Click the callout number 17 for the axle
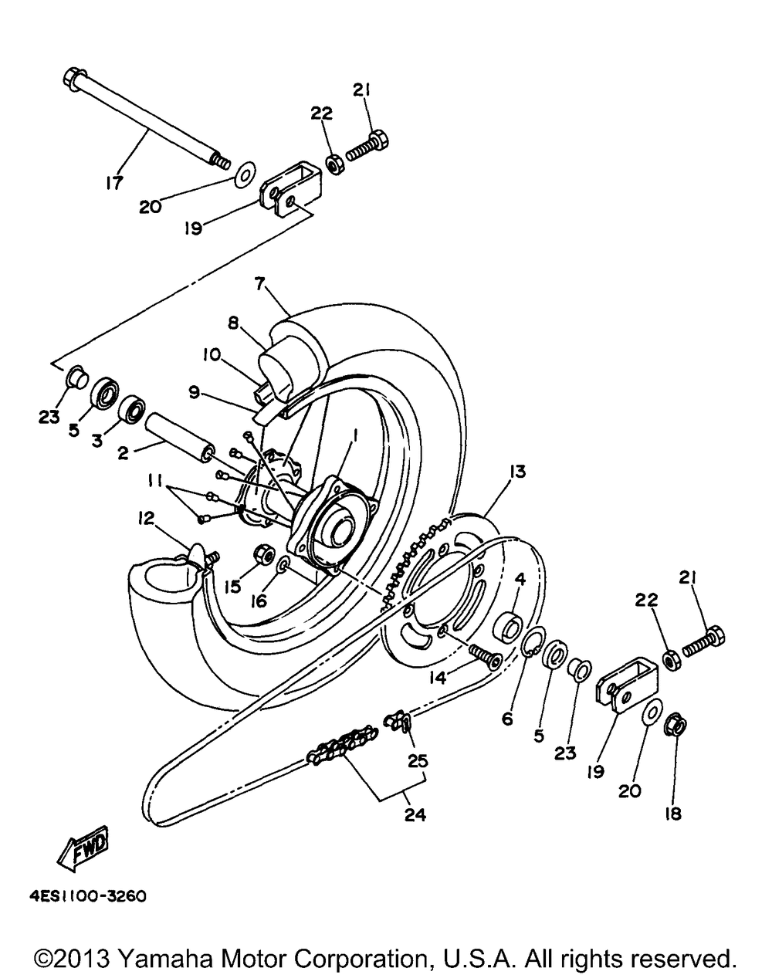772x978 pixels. (113, 184)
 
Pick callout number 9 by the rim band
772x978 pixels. (195, 392)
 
